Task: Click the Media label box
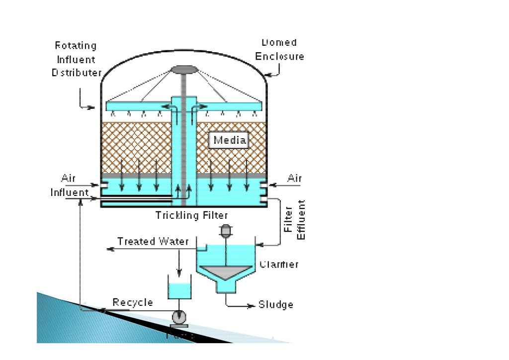pyautogui.click(x=230, y=141)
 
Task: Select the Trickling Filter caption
pyautogui.click(x=192, y=215)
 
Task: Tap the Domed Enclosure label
pyautogui.click(x=279, y=50)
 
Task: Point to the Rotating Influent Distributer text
pyautogui.click(x=76, y=59)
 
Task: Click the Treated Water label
pyautogui.click(x=153, y=242)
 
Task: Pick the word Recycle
pyautogui.click(x=133, y=302)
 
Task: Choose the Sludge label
pyautogui.click(x=276, y=305)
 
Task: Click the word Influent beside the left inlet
pyautogui.click(x=70, y=192)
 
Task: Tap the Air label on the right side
pyautogui.click(x=294, y=178)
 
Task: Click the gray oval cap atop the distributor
pyautogui.click(x=184, y=70)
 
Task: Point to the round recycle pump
pyautogui.click(x=178, y=317)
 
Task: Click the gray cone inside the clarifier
pyautogui.click(x=226, y=271)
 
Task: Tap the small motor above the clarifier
pyautogui.click(x=226, y=230)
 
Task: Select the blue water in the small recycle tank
pyautogui.click(x=179, y=291)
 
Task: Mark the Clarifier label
pyautogui.click(x=279, y=264)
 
